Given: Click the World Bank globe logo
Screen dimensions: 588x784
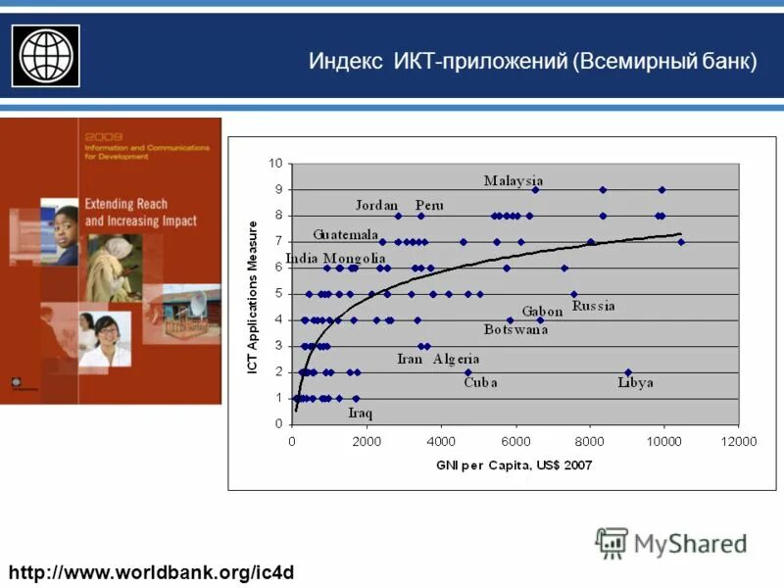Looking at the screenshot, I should pyautogui.click(x=44, y=55).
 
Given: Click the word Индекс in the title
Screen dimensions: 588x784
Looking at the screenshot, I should pyautogui.click(x=339, y=61).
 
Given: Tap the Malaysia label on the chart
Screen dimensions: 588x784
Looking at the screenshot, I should pyautogui.click(x=514, y=180).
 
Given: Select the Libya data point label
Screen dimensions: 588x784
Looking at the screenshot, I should pyautogui.click(x=635, y=382).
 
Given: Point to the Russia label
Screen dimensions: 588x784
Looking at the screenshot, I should pyautogui.click(x=594, y=306).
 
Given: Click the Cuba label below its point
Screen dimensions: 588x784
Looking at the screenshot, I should pyautogui.click(x=480, y=382).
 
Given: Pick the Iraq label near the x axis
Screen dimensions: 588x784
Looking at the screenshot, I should pyautogui.click(x=360, y=413).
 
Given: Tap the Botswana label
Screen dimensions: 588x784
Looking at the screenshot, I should pyautogui.click(x=515, y=329).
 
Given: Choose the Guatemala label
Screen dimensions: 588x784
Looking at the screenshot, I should pyautogui.click(x=346, y=235).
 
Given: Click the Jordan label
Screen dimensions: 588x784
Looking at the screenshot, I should pyautogui.click(x=376, y=205).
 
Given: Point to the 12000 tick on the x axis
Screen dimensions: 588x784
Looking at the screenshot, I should pyautogui.click(x=739, y=442).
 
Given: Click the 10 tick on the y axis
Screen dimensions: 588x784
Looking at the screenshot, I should pyautogui.click(x=276, y=164).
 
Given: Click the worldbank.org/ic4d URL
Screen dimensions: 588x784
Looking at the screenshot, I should pyautogui.click(x=152, y=570).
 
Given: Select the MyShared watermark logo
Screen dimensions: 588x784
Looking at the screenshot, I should pyautogui.click(x=671, y=543).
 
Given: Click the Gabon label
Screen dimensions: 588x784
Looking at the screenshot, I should pyautogui.click(x=541, y=311).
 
